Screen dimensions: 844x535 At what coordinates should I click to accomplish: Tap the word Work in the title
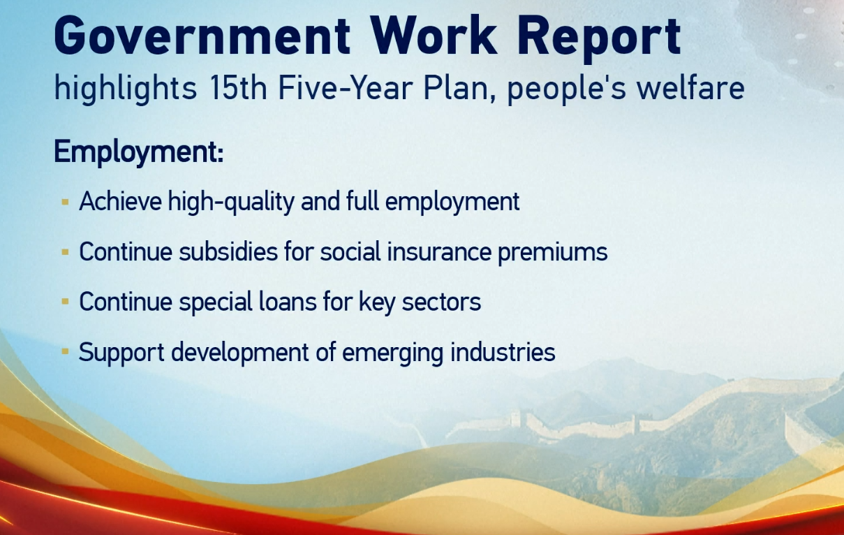434,36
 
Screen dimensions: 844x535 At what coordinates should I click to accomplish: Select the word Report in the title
600,39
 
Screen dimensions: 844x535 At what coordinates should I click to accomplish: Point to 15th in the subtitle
238,87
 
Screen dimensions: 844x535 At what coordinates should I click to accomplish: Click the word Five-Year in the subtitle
345,87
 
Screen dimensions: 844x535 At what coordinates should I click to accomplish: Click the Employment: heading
139,152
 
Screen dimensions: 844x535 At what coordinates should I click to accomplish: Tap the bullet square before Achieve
65,202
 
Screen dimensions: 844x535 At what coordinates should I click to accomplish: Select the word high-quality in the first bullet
231,203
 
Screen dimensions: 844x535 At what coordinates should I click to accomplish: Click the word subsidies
228,251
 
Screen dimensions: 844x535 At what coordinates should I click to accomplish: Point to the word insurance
439,251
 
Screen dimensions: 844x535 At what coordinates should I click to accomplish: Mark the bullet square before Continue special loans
65,302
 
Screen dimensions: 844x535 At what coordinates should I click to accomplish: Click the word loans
288,302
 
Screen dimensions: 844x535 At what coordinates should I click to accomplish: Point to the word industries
503,352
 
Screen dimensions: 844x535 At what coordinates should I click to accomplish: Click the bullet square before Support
65,352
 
